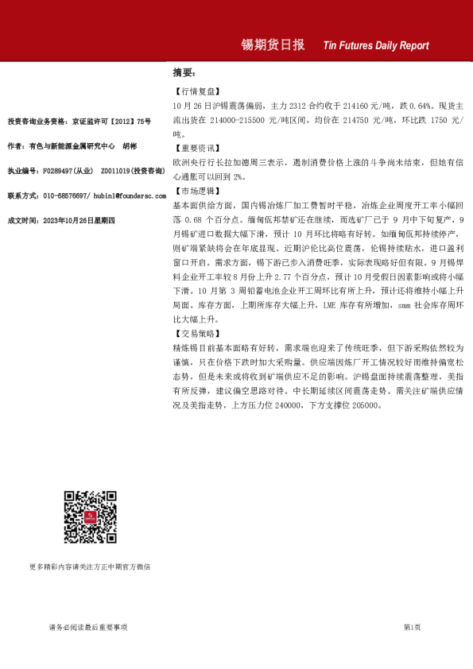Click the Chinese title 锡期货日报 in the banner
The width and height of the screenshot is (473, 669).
coord(273,45)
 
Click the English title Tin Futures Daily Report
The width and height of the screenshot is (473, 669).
coord(376,46)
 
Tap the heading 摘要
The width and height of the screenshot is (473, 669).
coord(184,72)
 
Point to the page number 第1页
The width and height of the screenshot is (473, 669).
coord(412,628)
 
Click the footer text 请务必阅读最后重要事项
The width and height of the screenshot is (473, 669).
coord(87,628)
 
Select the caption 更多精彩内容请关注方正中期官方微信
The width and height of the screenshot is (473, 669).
coord(89,567)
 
